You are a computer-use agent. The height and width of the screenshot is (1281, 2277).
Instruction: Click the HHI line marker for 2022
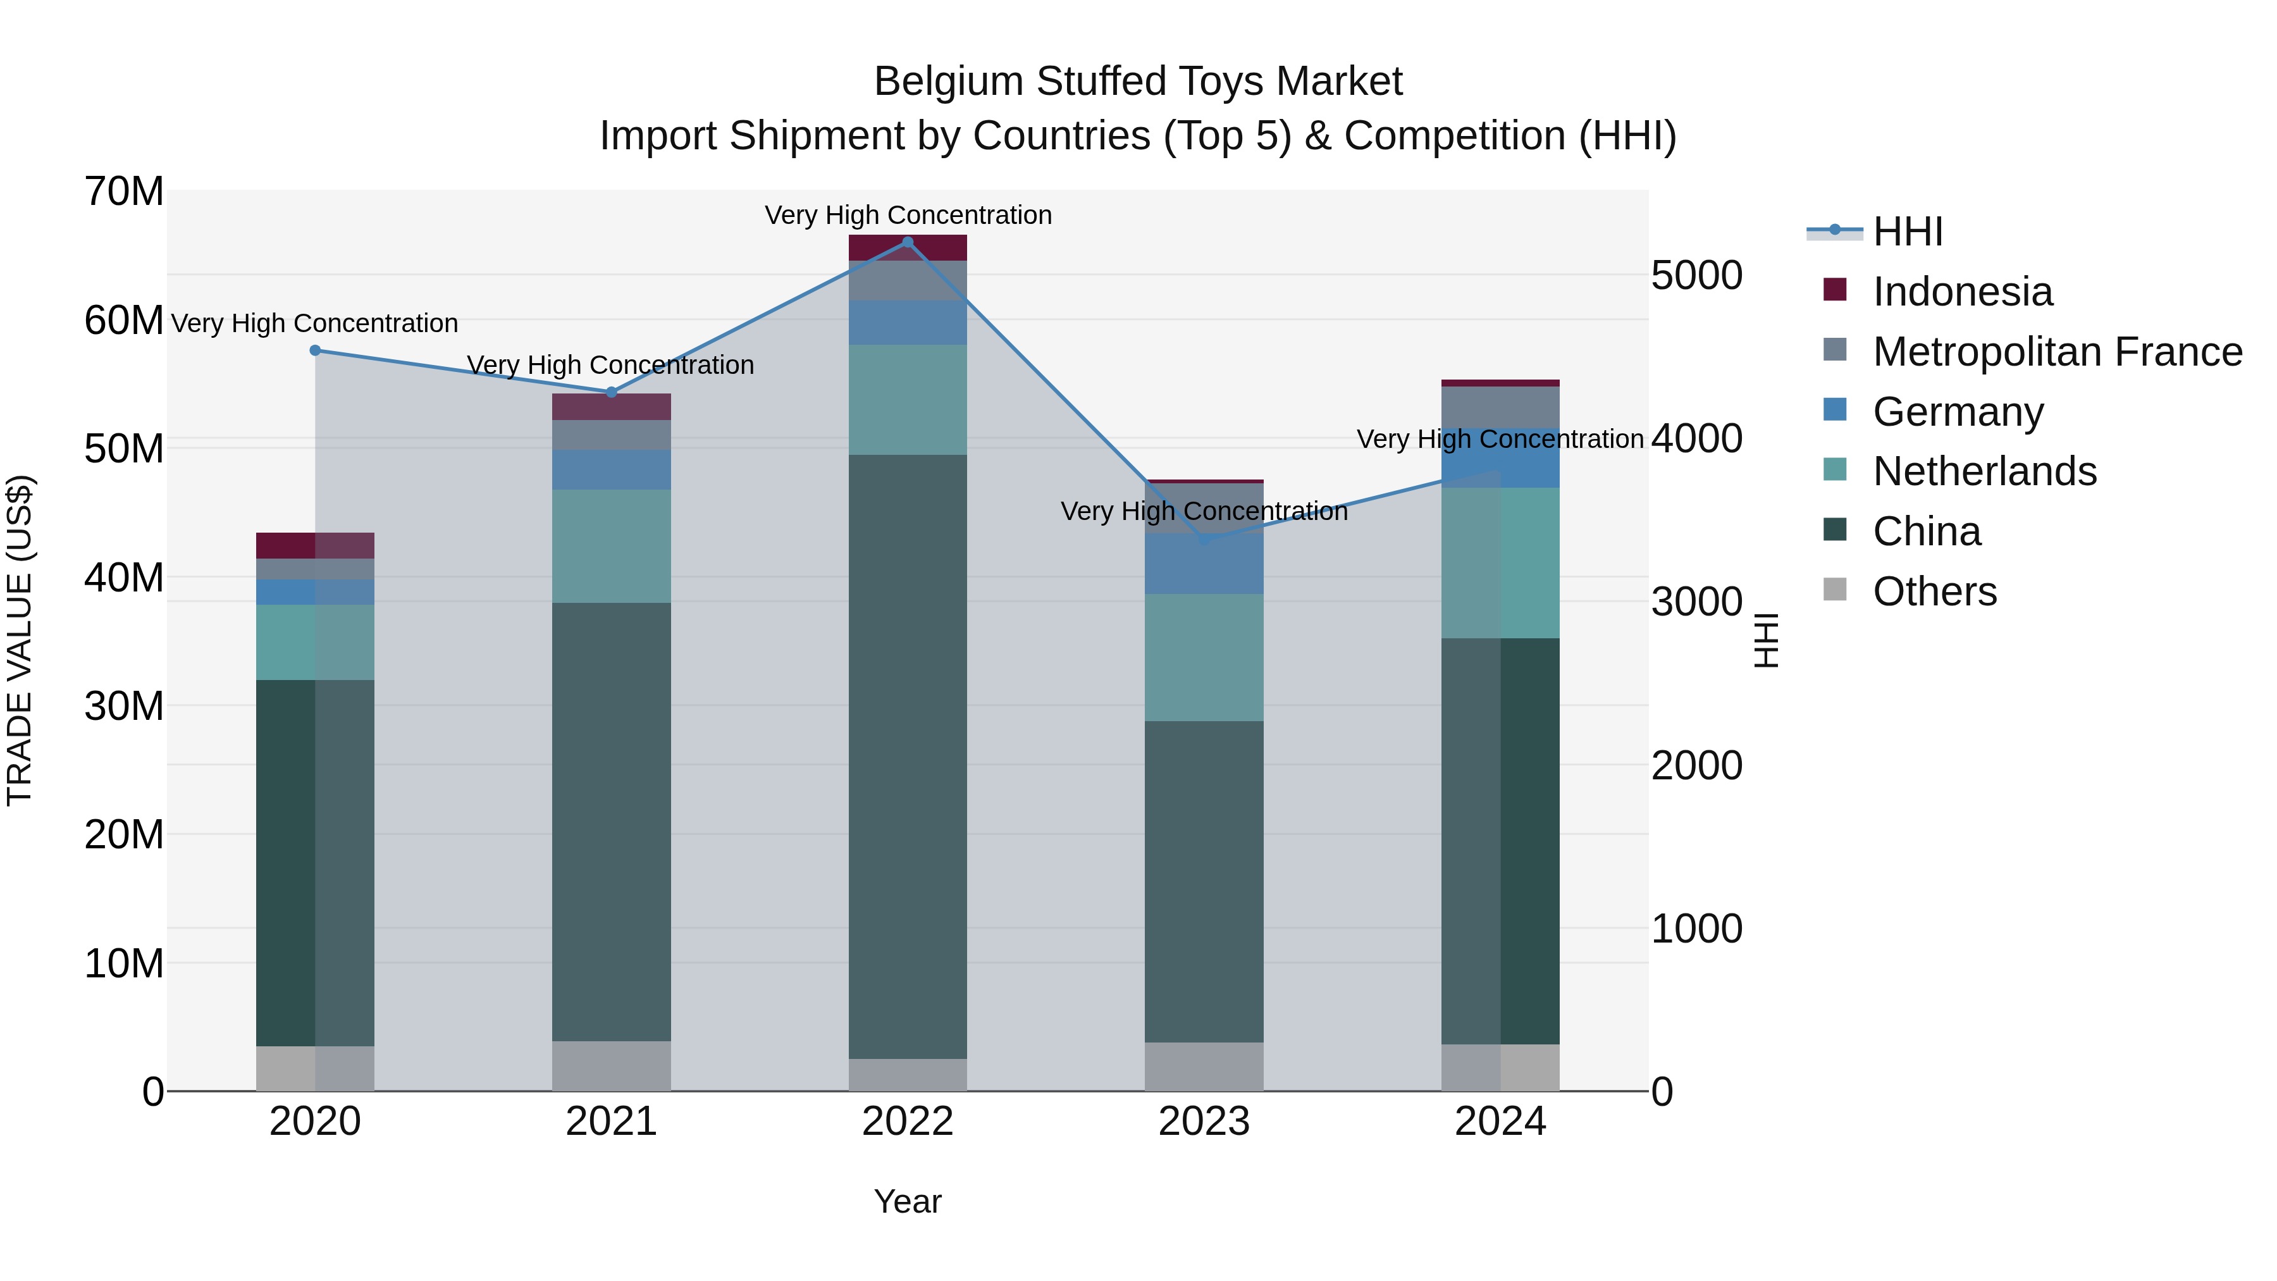(908, 242)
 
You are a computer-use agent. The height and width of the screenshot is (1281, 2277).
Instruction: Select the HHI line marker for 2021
(612, 392)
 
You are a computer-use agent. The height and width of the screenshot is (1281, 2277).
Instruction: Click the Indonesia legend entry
(1962, 292)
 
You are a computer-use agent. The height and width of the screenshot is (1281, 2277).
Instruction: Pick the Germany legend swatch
(1835, 410)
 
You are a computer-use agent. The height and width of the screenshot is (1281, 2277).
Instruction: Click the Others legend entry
(1935, 591)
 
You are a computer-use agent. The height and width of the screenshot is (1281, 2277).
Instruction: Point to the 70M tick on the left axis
(124, 192)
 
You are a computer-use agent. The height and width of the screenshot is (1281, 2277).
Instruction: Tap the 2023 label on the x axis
(1204, 1122)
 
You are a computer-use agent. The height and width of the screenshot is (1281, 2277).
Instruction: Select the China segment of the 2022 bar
(908, 756)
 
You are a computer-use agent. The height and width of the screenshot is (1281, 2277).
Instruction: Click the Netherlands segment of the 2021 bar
(612, 547)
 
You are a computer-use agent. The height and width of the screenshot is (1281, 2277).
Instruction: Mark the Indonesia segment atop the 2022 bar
(908, 247)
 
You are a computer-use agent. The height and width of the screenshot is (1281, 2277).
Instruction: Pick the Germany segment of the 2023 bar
(1204, 564)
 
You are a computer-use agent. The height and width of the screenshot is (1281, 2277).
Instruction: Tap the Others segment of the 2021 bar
(612, 1065)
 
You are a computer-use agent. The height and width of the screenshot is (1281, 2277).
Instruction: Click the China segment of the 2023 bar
(1204, 881)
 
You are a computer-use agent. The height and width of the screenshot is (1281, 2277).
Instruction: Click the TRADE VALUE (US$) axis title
(20, 641)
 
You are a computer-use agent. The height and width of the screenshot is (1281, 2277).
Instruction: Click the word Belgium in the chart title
(949, 82)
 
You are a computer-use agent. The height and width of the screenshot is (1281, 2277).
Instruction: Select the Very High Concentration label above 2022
(908, 216)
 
